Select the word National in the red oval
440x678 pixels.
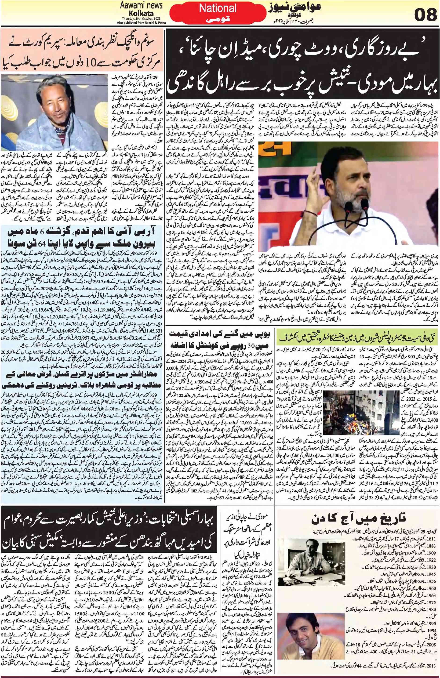pos(218,9)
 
